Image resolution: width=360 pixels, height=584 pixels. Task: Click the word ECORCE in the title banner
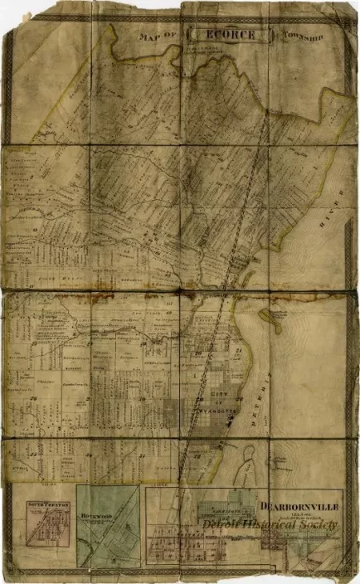tap(229, 36)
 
